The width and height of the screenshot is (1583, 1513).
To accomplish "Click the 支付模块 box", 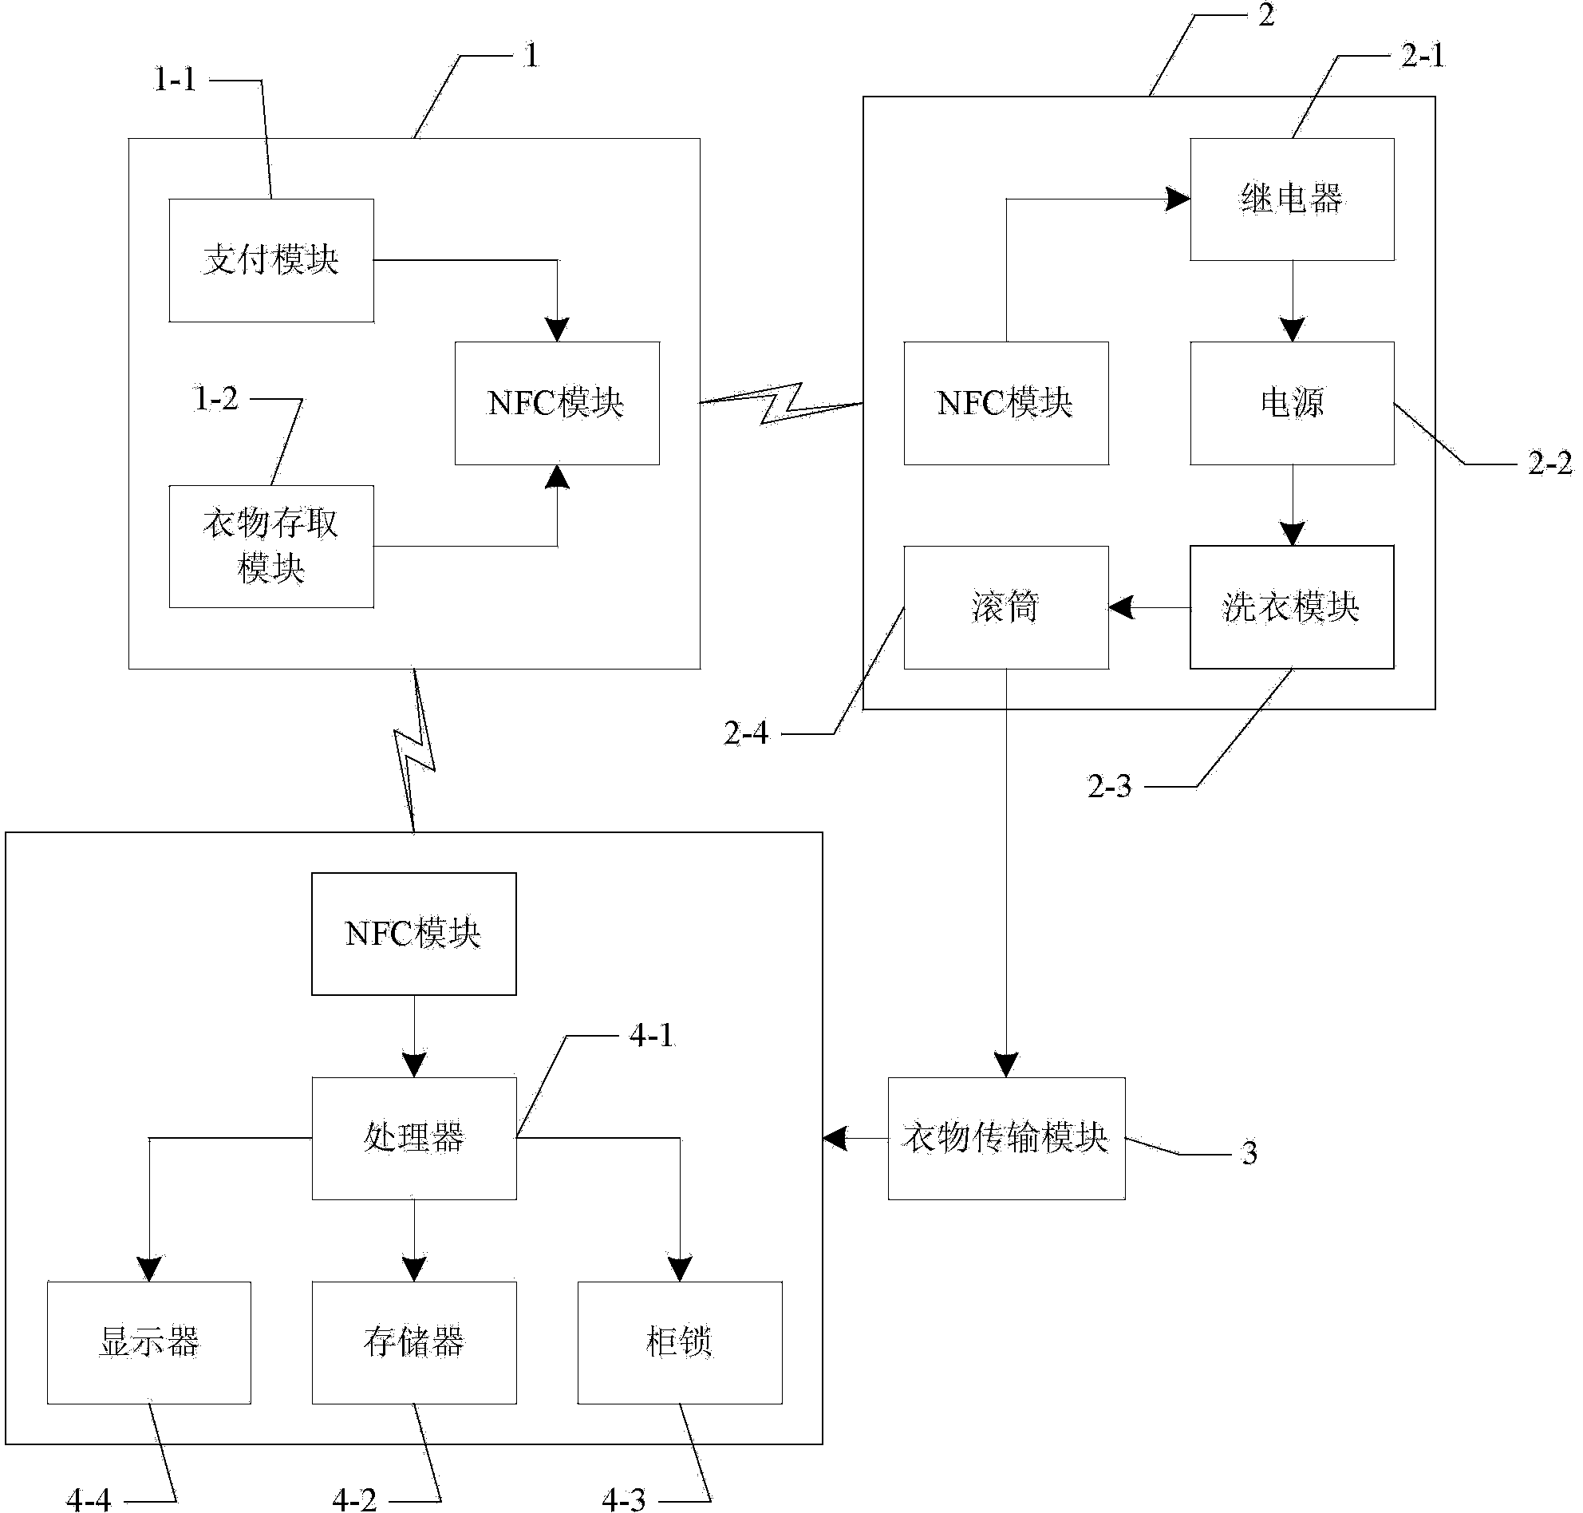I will click(x=271, y=259).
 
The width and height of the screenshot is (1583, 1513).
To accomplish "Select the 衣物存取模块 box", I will click(x=271, y=546).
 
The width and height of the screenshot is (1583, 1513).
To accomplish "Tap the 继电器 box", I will click(x=1292, y=199).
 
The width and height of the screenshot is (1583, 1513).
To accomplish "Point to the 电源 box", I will click(x=1292, y=403).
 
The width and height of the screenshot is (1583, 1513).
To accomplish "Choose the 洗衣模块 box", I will click(x=1292, y=607).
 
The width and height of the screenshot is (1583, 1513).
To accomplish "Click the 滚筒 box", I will click(x=1005, y=607).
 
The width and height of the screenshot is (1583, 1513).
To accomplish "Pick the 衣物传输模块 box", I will click(x=1005, y=1138).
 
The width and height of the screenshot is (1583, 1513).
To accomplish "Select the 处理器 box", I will click(x=413, y=1138).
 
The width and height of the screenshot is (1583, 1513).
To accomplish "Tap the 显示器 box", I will click(x=149, y=1343).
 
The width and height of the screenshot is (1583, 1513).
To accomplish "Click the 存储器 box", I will click(x=413, y=1343).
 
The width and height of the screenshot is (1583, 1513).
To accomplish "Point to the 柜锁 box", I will click(x=680, y=1343).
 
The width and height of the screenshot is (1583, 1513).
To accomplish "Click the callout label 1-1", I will click(x=176, y=80).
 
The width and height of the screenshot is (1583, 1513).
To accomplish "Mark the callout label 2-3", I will click(x=1109, y=786).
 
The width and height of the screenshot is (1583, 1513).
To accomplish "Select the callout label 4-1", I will click(x=651, y=1036).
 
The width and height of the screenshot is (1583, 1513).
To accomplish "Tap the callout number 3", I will click(x=1249, y=1153).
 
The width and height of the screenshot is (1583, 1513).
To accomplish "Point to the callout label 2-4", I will click(x=746, y=734).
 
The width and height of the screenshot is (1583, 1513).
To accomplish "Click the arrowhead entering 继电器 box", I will click(x=1179, y=199).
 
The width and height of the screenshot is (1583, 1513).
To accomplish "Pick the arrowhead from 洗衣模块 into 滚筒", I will click(x=1121, y=607).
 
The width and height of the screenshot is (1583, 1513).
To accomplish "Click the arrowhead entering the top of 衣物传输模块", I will click(x=1005, y=1065).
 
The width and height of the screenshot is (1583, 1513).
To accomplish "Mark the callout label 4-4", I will click(x=89, y=1500).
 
